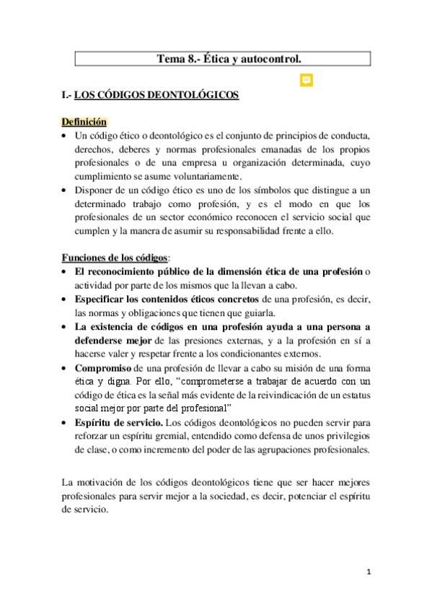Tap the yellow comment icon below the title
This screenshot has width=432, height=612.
(306, 79)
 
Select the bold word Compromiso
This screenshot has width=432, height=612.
(102, 367)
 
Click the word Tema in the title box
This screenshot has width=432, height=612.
(171, 58)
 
